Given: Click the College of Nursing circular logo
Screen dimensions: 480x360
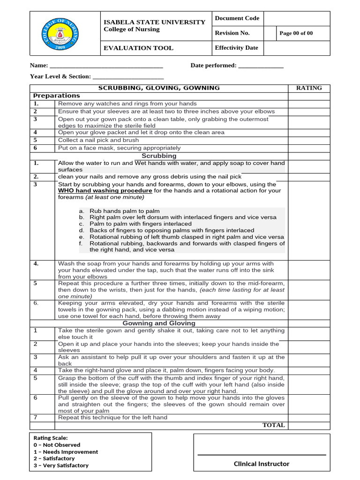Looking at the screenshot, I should pos(66,33).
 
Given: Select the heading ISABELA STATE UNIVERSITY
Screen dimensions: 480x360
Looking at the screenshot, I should pos(154,22).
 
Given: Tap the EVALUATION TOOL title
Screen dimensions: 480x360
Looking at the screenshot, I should pos(138,48).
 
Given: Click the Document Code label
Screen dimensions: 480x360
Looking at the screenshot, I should pos(237,18).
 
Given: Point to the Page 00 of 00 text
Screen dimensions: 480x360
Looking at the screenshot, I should pos(296,33).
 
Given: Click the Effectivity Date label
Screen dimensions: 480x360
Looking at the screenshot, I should pos(236,48).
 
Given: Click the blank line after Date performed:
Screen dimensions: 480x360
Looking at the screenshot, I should pos(261,66).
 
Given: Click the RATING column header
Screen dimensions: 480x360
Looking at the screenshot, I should pos(309,88).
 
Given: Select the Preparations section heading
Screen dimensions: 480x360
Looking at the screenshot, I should pos(57,96).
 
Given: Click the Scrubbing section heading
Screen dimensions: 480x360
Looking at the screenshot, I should pos(159,156).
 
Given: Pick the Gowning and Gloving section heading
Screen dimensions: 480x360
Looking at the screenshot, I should pos(159,323).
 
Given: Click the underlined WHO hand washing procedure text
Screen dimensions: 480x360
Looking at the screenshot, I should pos(105,191).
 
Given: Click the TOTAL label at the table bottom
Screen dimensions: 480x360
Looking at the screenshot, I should pos(273,425).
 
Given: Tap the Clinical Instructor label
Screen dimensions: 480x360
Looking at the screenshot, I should pos(262,464).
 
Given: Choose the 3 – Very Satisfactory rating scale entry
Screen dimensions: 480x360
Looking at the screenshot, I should pos(61,465).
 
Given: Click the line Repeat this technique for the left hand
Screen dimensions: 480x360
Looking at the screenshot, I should pos(112,417).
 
